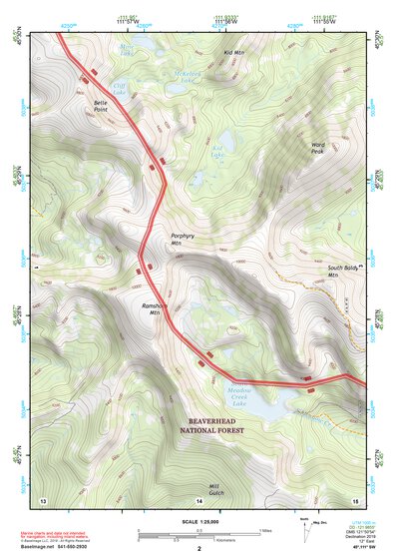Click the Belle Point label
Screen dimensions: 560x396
(x=101, y=105)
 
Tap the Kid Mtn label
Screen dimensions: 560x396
(x=234, y=52)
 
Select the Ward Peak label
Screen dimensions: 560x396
(x=317, y=148)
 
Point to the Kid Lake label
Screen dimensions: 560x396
(x=218, y=154)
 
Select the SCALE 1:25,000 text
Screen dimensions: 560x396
(x=198, y=521)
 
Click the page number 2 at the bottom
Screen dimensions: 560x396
(x=199, y=549)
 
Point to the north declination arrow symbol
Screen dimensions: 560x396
(x=305, y=530)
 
